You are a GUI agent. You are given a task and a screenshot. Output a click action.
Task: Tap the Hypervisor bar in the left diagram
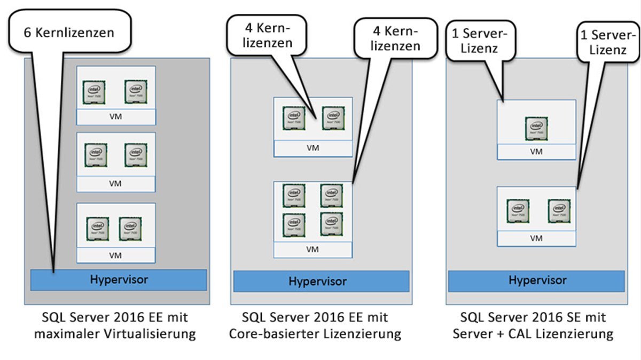(118, 279)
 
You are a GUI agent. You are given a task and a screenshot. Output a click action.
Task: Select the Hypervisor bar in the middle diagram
(321, 281)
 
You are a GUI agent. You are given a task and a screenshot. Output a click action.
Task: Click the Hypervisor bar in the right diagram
(536, 280)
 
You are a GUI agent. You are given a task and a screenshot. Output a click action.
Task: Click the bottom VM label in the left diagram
(115, 255)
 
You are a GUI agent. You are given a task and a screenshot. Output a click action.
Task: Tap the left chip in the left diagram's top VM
(93, 92)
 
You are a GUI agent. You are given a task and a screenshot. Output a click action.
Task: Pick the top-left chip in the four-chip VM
(293, 195)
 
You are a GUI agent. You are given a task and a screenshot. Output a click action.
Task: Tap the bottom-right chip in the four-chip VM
(331, 225)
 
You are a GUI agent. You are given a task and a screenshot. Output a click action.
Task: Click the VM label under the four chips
(312, 249)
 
